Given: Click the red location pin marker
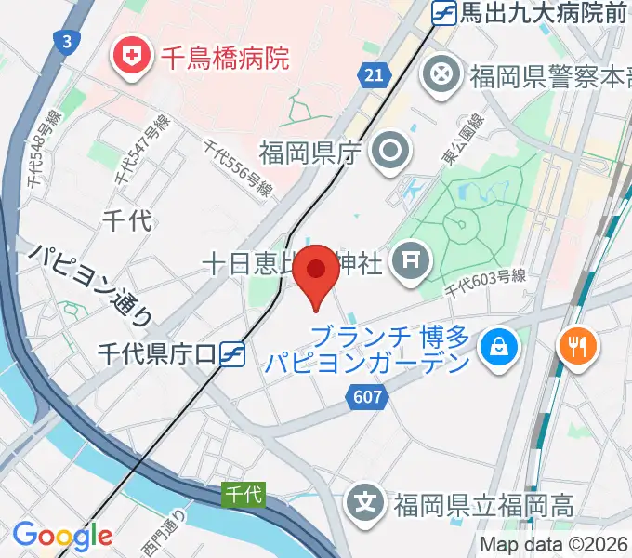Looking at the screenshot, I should point(316,272).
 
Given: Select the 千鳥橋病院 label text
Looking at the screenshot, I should point(226,59).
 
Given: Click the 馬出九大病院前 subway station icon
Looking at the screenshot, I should point(444,13).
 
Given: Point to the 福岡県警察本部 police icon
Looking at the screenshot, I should point(441,75).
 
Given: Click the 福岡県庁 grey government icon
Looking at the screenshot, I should point(388,152).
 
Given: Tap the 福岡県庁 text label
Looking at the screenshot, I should point(309,153).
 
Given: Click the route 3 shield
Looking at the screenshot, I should point(66,42).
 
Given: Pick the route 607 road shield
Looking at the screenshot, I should point(367,396).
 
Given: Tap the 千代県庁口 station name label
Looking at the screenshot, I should point(157,353).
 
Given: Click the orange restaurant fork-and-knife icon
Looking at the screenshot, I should point(576,347).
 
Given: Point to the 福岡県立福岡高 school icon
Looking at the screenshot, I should point(367,506).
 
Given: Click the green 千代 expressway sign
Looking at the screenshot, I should point(244,496).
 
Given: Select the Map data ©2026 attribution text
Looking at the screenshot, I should point(554,545).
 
